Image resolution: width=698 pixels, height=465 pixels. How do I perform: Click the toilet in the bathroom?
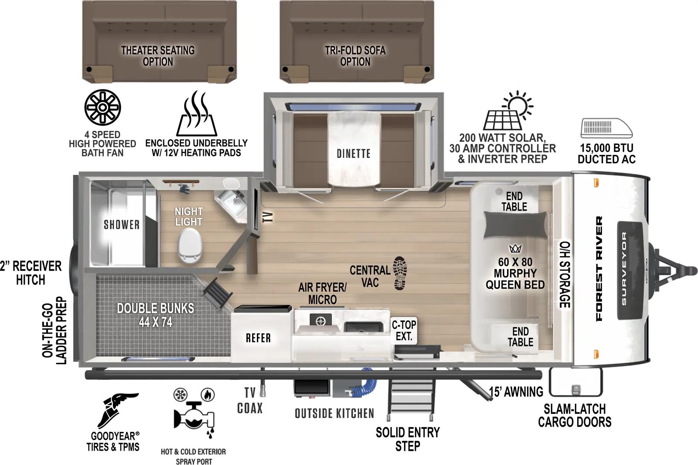[x=190, y=246]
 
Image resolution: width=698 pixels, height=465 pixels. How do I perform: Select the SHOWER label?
[x=121, y=225]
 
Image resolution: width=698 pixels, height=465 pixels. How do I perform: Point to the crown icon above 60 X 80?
[x=515, y=249]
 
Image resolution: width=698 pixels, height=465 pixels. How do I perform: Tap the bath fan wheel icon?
[x=103, y=107]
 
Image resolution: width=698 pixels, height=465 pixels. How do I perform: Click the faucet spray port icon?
[x=193, y=414]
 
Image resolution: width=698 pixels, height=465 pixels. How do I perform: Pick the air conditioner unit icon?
[x=606, y=129]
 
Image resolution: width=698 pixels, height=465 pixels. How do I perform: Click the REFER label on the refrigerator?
[x=258, y=338]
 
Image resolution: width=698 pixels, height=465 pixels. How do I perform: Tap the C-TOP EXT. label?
[x=404, y=330]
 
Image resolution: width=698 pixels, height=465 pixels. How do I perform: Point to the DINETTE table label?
[x=353, y=154]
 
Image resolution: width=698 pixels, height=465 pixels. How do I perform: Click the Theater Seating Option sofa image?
[x=159, y=41]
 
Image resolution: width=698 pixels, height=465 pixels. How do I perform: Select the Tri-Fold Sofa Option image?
[x=356, y=41]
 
